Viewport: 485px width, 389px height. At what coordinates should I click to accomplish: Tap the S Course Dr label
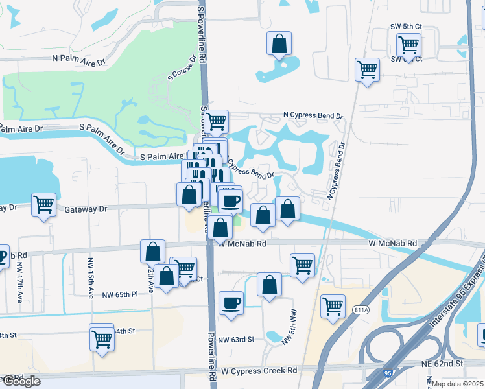(x=182, y=67)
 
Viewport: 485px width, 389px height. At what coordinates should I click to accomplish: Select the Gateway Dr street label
(x=86, y=209)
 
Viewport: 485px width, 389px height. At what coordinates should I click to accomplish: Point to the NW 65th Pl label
(x=120, y=294)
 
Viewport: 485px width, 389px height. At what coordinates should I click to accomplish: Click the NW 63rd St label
(x=236, y=339)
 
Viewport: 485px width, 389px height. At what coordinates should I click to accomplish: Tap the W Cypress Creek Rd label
(x=259, y=370)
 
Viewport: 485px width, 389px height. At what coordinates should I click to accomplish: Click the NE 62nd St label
(x=460, y=364)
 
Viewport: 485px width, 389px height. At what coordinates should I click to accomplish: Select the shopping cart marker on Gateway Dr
(x=43, y=205)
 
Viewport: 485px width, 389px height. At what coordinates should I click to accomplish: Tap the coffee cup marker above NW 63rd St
(x=231, y=303)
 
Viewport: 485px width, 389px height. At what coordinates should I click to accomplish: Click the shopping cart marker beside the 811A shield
(x=333, y=305)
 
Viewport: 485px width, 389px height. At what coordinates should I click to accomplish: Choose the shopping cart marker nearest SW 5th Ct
(x=408, y=45)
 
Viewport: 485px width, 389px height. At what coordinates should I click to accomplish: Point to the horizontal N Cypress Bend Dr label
(x=313, y=115)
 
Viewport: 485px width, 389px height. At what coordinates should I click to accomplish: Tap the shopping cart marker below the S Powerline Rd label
(x=217, y=121)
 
